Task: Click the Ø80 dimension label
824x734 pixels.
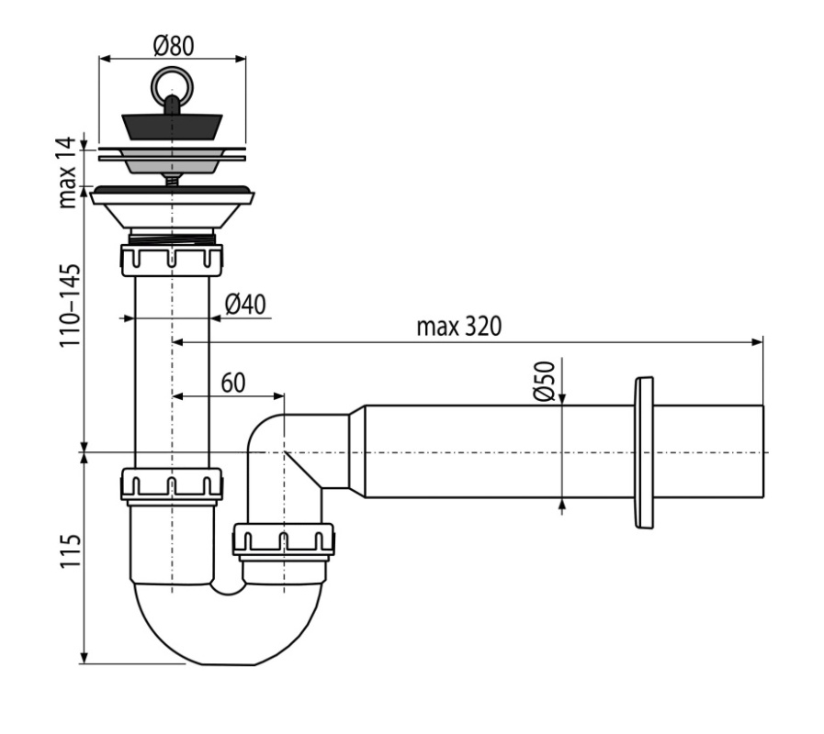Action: click(174, 46)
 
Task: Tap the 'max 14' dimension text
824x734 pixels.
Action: click(67, 172)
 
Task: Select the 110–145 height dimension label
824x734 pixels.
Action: click(70, 306)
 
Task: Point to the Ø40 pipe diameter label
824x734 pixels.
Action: click(245, 304)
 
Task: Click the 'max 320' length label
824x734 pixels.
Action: click(459, 326)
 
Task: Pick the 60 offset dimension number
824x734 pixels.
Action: click(232, 383)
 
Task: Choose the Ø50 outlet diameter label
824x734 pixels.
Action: click(545, 381)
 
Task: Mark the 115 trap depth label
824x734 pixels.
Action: click(70, 550)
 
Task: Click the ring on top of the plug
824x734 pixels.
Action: click(172, 84)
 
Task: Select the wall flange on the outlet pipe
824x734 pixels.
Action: click(644, 452)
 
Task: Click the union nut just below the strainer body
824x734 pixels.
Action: click(172, 260)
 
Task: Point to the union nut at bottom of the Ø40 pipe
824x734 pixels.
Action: click(172, 484)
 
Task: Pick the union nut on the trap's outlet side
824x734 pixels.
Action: click(283, 539)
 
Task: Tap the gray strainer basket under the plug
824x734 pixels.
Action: click(172, 161)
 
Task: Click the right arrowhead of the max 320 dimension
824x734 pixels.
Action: click(757, 342)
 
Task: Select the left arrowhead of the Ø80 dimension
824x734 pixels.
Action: click(105, 59)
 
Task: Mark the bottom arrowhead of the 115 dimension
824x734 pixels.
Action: click(85, 657)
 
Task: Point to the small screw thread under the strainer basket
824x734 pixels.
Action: click(172, 179)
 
